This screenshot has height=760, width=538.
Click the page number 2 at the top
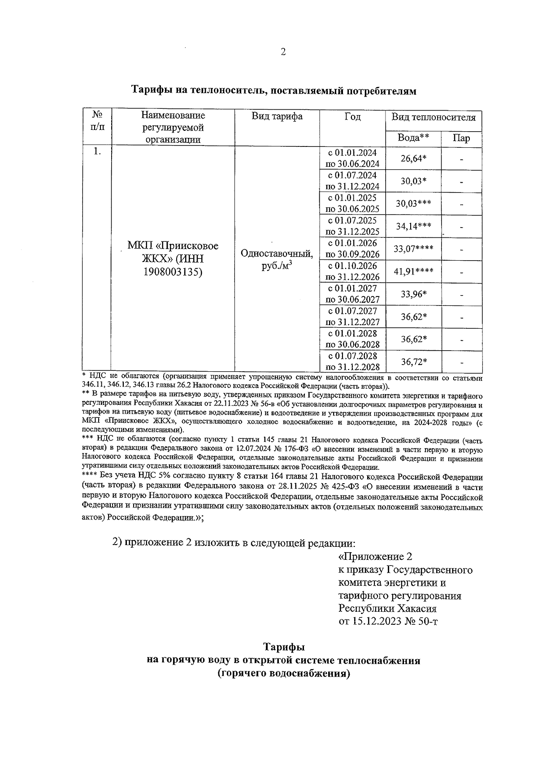[283, 52]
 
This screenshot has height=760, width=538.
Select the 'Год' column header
[352, 117]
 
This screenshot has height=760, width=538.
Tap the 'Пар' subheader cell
[461, 138]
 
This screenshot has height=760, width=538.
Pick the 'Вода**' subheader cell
[413, 138]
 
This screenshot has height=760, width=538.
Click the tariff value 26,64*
[413, 159]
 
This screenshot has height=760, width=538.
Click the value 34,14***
[413, 226]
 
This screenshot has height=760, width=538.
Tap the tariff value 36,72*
[413, 362]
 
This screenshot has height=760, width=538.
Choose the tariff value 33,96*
[413, 294]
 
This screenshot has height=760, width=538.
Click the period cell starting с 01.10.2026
[352, 271]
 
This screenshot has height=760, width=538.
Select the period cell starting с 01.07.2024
[352, 181]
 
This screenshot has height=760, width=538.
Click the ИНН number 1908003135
[173, 271]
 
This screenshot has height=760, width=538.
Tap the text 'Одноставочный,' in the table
[277, 254]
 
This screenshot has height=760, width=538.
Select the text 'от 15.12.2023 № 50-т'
[388, 622]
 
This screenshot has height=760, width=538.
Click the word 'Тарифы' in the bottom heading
[283, 647]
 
